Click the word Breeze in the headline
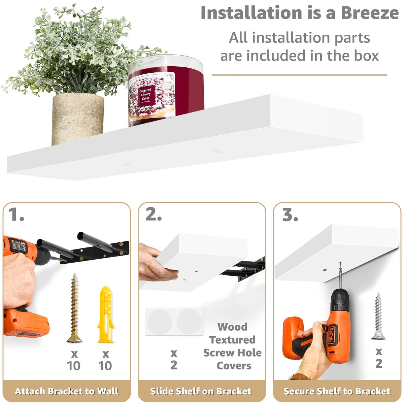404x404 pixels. click(x=370, y=13)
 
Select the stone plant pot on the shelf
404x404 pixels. click(x=78, y=119)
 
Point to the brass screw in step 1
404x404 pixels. click(x=74, y=308)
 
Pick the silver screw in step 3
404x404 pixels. click(x=378, y=316)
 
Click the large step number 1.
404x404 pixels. click(x=16, y=214)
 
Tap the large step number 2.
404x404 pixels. click(x=154, y=214)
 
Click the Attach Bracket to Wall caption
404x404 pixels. click(x=67, y=391)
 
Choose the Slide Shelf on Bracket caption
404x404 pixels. click(x=201, y=391)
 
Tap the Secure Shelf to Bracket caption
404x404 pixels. click(x=337, y=391)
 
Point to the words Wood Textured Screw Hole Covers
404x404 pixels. click(x=233, y=346)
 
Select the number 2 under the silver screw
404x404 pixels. click(x=379, y=364)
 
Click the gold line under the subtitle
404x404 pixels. click(x=299, y=75)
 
